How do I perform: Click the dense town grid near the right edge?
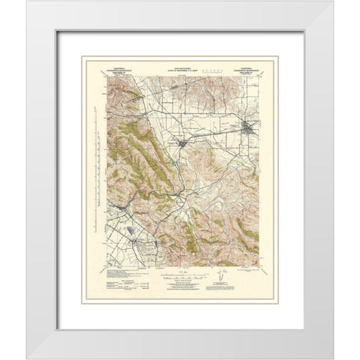(x=250, y=127)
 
